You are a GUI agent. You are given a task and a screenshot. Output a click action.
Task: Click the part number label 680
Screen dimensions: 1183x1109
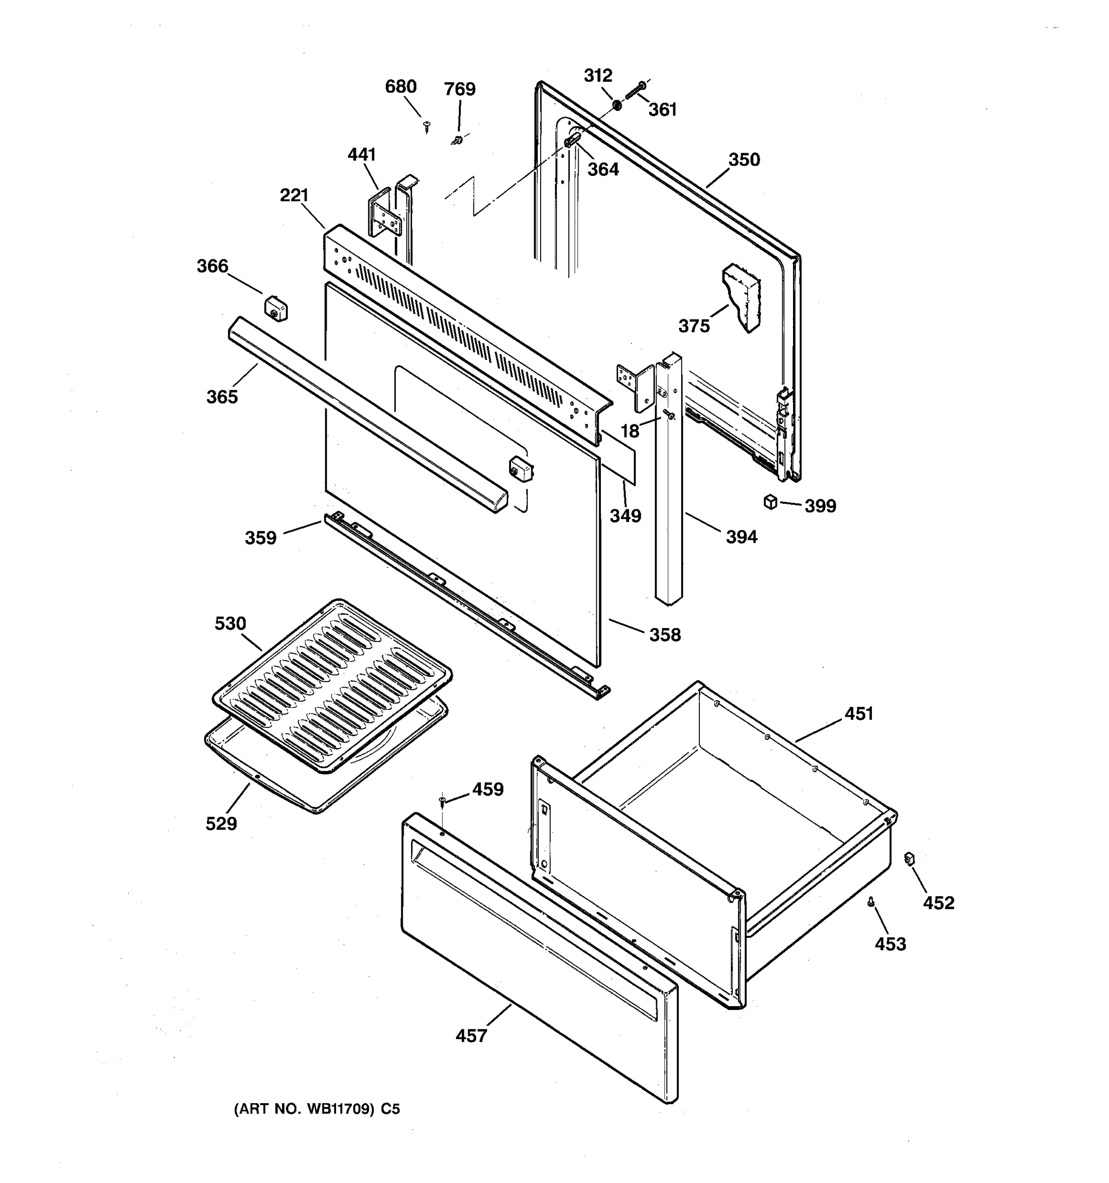[400, 87]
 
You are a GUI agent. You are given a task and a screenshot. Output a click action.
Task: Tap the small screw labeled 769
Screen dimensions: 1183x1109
[457, 140]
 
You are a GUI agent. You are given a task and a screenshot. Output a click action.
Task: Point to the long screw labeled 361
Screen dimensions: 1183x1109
[635, 91]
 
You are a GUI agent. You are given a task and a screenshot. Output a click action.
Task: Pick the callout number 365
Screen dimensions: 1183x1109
[222, 397]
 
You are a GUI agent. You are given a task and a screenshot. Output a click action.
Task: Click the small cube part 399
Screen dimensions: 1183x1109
[770, 502]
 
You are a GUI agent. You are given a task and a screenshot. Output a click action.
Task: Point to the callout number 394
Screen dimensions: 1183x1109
[741, 537]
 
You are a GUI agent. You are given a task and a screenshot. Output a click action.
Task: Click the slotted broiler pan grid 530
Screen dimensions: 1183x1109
[332, 684]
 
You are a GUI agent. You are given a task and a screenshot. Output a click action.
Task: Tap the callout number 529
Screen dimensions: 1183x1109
[221, 824]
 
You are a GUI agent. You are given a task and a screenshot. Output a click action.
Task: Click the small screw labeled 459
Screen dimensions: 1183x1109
[442, 801]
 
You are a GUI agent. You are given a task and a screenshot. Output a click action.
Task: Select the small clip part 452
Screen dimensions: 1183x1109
[908, 858]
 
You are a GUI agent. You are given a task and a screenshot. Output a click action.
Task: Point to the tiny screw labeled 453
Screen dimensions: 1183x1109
[871, 903]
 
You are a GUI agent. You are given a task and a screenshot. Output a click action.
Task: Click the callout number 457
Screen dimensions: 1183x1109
[471, 1036]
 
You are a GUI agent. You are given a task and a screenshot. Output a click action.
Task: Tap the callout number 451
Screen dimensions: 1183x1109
[859, 713]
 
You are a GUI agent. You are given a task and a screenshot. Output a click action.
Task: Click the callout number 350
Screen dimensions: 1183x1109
[744, 160]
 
